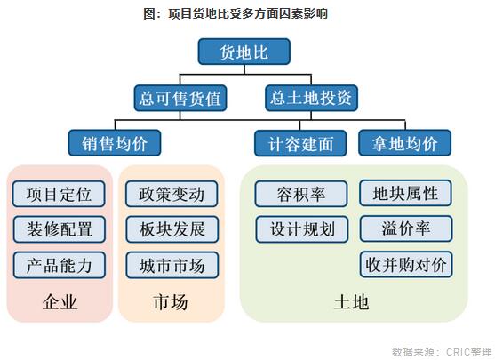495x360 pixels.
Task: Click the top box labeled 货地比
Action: [244, 52]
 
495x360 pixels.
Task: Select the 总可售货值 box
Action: [180, 98]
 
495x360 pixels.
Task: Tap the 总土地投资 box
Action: [311, 98]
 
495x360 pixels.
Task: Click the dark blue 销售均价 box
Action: [115, 143]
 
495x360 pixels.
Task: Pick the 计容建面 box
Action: [300, 143]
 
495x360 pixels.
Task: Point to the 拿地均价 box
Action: [404, 143]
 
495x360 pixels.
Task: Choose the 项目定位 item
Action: [59, 194]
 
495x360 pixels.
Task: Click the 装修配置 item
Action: [59, 229]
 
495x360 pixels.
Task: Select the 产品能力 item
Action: [59, 265]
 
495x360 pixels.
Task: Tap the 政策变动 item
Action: [172, 194]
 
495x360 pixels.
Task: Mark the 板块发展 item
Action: [172, 229]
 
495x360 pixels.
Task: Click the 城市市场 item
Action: [172, 265]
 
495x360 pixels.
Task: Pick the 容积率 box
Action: [301, 194]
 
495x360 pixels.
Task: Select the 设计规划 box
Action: [302, 229]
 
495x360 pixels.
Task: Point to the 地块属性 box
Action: [405, 193]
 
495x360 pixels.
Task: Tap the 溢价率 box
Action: [406, 228]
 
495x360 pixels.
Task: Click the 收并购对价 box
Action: [406, 264]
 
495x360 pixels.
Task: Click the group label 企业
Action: [60, 302]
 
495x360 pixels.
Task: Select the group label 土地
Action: [351, 302]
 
